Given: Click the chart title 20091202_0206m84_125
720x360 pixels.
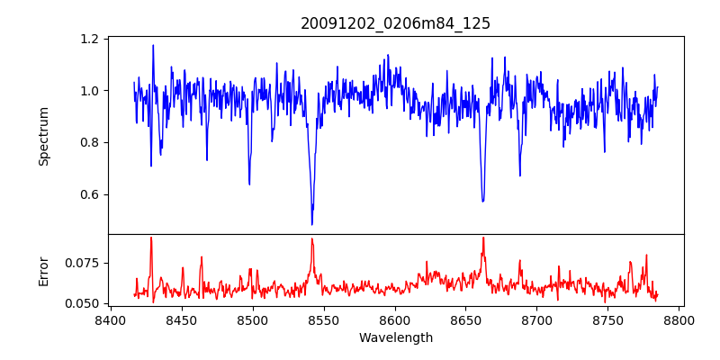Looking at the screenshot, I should [x=395, y=23].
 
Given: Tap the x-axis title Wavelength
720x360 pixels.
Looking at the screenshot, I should [x=395, y=338].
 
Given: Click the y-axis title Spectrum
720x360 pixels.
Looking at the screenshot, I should [x=43, y=136].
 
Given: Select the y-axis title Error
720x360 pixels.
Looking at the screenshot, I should [x=43, y=270].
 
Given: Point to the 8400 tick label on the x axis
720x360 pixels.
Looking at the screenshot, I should [x=110, y=320].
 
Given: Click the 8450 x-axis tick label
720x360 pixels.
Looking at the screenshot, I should [x=181, y=320].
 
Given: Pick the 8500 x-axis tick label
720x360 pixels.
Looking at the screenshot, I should [x=252, y=320].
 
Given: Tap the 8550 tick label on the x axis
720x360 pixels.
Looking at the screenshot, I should [x=323, y=320].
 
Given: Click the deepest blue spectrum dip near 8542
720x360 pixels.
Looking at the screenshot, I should [x=312, y=224].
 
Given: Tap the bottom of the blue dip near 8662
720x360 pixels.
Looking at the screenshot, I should [x=482, y=201].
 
